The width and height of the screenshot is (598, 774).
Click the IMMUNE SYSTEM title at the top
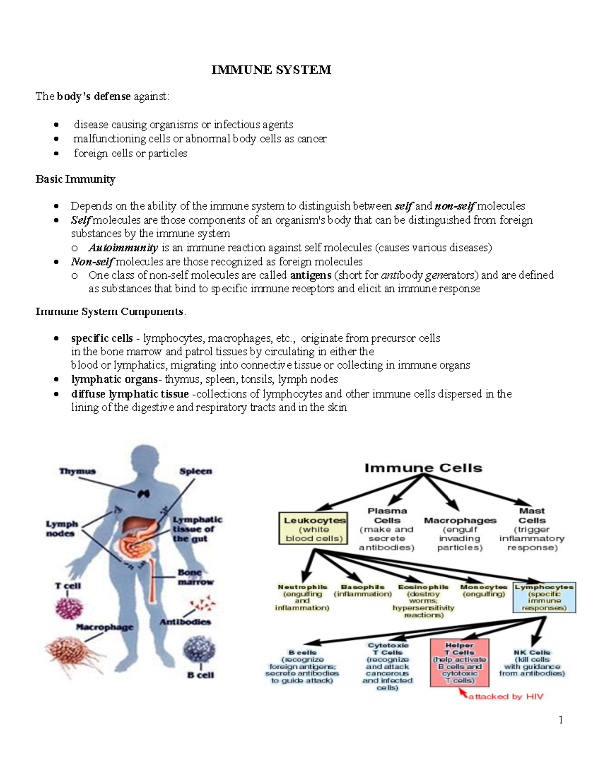pyautogui.click(x=271, y=70)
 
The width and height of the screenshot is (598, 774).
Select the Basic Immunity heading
pyautogui.click(x=75, y=179)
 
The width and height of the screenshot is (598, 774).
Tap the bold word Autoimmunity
pyautogui.click(x=123, y=248)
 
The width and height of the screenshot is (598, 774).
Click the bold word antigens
pyautogui.click(x=310, y=275)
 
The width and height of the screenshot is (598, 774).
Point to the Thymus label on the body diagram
pyautogui.click(x=77, y=471)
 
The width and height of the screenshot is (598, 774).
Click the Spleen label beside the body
pyautogui.click(x=196, y=471)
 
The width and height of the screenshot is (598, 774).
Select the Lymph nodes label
pyautogui.click(x=62, y=529)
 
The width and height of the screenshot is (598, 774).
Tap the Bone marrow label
pyautogui.click(x=195, y=577)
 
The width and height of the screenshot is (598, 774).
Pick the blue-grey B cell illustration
pyautogui.click(x=199, y=650)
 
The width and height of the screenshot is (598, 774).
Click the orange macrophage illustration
pyautogui.click(x=75, y=653)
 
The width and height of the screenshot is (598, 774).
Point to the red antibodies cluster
pyautogui.click(x=203, y=604)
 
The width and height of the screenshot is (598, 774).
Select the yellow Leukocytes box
pyautogui.click(x=313, y=529)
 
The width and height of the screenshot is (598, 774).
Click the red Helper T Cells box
pyautogui.click(x=459, y=663)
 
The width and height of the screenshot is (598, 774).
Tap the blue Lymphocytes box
pyautogui.click(x=544, y=597)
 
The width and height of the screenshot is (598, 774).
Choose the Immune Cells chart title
pyautogui.click(x=423, y=468)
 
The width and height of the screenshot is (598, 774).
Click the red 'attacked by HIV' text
pyautogui.click(x=505, y=697)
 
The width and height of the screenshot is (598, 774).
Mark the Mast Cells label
pyautogui.click(x=532, y=515)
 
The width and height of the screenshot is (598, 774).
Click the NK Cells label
pyautogui.click(x=532, y=653)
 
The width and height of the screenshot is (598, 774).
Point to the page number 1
pyautogui.click(x=561, y=720)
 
